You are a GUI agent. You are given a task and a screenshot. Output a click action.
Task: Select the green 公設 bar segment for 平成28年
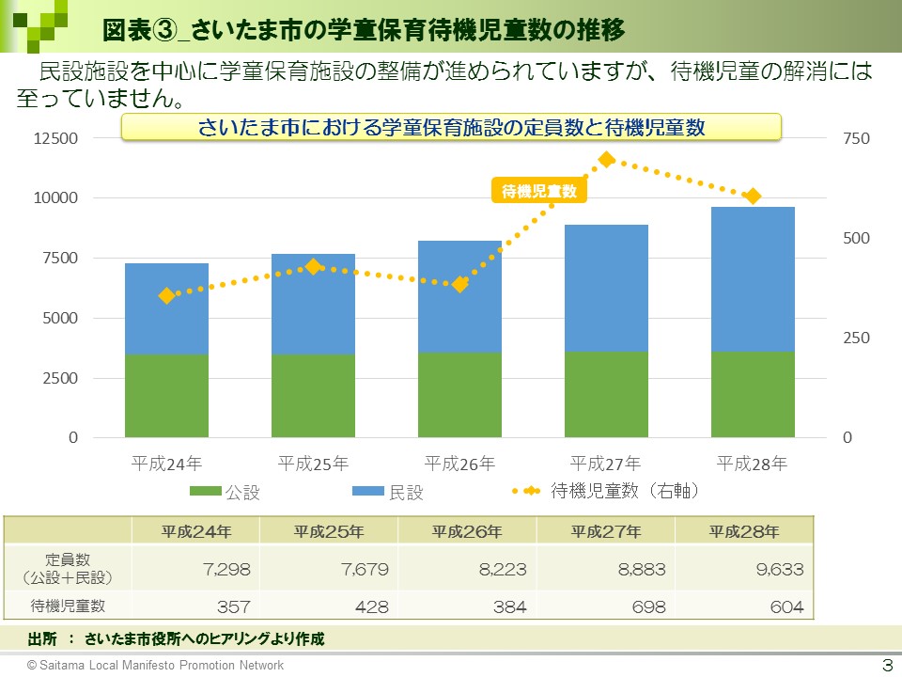click(x=753, y=395)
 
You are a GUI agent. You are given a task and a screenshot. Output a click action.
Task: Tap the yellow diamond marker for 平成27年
click(x=607, y=160)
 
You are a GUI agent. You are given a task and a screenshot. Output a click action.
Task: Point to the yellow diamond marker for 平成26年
click(x=459, y=284)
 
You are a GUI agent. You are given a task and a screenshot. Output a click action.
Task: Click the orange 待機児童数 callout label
click(x=538, y=191)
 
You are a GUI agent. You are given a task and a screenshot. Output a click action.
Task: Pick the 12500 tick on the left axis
click(x=56, y=139)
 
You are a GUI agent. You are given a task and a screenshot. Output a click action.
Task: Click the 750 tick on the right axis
click(x=857, y=139)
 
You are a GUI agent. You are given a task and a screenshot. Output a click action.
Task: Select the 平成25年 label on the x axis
click(x=313, y=464)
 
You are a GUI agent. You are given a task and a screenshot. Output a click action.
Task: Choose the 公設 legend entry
click(x=225, y=492)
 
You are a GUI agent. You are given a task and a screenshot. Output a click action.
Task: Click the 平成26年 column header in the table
click(x=467, y=531)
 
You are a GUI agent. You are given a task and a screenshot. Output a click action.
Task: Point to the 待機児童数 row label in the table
click(x=69, y=606)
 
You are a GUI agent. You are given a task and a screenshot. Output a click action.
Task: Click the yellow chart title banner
click(x=451, y=127)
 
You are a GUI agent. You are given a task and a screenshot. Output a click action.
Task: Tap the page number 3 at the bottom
click(x=885, y=665)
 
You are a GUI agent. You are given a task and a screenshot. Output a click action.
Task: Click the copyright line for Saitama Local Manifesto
click(x=155, y=665)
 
